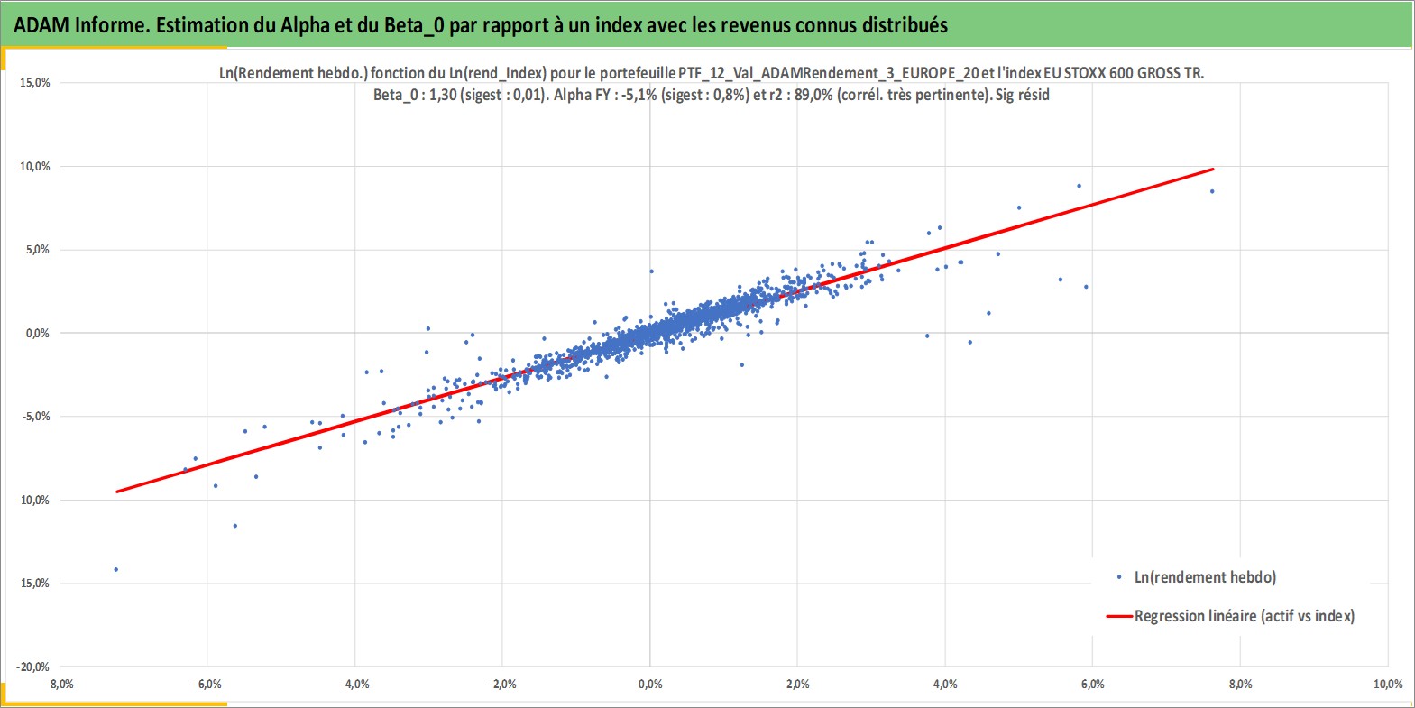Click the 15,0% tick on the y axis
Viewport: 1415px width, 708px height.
click(35, 83)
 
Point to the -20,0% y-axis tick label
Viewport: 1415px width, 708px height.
click(32, 667)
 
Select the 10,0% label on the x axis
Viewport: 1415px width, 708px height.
click(1387, 684)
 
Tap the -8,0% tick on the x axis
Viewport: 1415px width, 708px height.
click(60, 684)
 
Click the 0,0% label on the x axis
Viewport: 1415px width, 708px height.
click(650, 684)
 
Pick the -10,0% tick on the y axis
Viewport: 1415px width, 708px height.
click(32, 501)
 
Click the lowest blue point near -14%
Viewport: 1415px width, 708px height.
click(115, 570)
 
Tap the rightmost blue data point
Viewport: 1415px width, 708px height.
click(1211, 191)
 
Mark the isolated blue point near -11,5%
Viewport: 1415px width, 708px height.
click(235, 526)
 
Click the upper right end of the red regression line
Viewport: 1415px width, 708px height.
click(1213, 170)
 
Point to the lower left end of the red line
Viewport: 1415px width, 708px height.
click(117, 492)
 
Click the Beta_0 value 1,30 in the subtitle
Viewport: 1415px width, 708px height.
click(443, 96)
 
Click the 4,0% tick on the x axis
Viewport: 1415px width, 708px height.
click(945, 684)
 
